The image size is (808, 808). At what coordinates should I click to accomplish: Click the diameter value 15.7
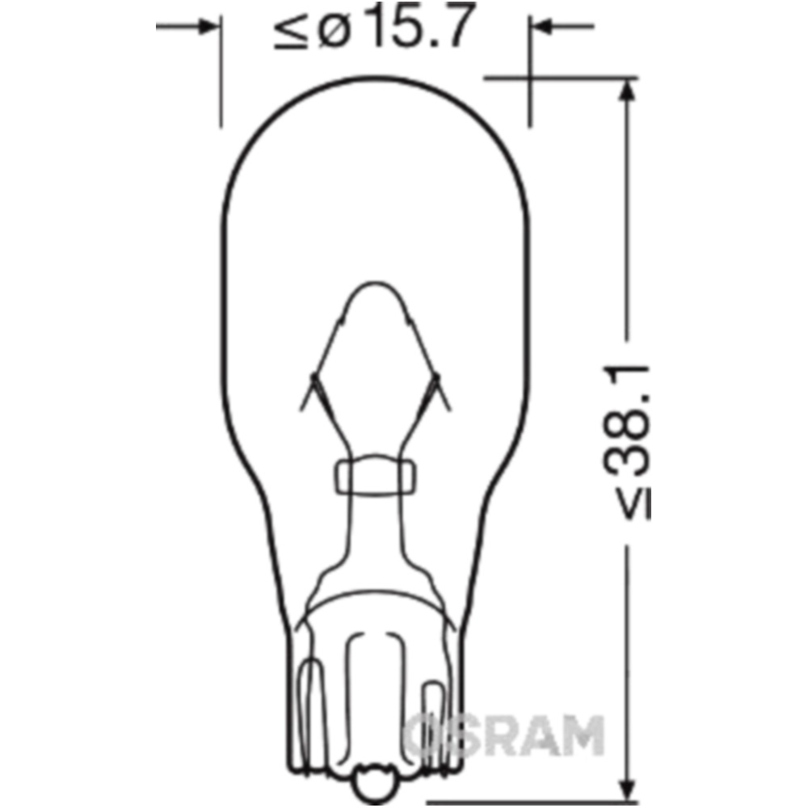(x=423, y=26)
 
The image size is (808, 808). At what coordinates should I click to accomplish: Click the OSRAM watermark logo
(x=505, y=735)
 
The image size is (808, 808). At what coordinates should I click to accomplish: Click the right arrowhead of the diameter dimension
(x=542, y=26)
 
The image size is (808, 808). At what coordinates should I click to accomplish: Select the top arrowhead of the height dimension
(x=627, y=90)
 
